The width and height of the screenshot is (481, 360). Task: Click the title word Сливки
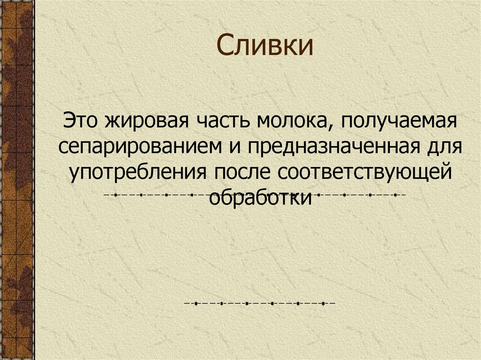[264, 46]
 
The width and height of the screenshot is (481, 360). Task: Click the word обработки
[260, 198]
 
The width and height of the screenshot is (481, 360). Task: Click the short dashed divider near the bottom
[259, 304]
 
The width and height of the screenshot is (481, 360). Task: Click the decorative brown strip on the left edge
[17, 180]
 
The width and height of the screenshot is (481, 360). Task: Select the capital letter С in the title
[225, 46]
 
